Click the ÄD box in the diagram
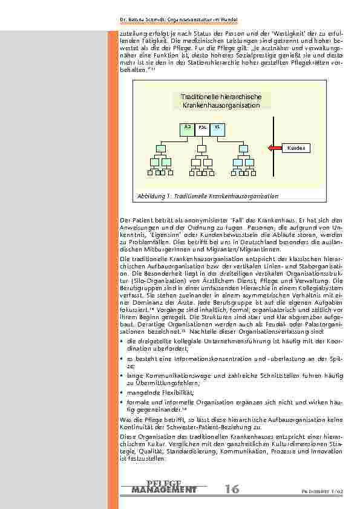(x=188, y=128)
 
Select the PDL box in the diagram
(x=203, y=128)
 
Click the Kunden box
(x=295, y=148)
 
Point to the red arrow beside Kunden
(x=276, y=148)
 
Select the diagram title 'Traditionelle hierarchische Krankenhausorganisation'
(x=220, y=101)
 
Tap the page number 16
(x=232, y=489)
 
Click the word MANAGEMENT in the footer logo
(x=163, y=489)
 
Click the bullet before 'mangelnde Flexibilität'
(x=122, y=392)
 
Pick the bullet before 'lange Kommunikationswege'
(x=122, y=376)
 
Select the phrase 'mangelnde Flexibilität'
(x=151, y=392)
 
